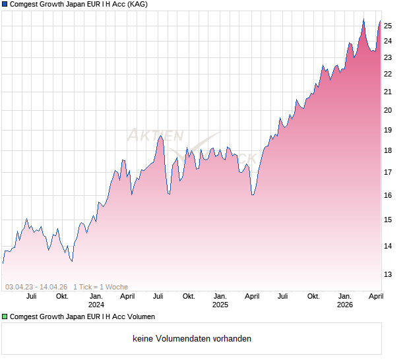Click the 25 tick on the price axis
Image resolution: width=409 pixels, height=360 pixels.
(389, 26)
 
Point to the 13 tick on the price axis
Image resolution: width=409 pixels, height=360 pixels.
(389, 274)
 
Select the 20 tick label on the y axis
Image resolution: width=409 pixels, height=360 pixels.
(389, 110)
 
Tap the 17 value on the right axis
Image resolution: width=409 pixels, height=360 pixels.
(389, 173)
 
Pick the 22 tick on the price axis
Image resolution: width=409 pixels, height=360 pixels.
(389, 74)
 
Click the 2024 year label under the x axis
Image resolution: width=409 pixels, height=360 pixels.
(96, 305)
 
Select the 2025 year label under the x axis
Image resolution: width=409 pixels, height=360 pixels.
(220, 305)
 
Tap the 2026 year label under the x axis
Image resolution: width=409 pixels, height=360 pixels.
(344, 305)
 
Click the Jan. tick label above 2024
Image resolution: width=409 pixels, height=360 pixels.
(96, 296)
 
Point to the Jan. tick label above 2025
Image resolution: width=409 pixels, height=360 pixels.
(220, 296)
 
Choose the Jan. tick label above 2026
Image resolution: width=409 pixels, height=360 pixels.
(344, 296)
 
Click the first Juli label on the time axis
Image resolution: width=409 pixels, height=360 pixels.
(31, 296)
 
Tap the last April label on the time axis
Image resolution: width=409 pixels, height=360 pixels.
(375, 296)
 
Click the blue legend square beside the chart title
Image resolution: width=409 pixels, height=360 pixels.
(5, 5)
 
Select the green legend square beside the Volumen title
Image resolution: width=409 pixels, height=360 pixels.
(5, 316)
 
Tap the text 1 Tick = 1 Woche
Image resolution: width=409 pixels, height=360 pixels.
(101, 287)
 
